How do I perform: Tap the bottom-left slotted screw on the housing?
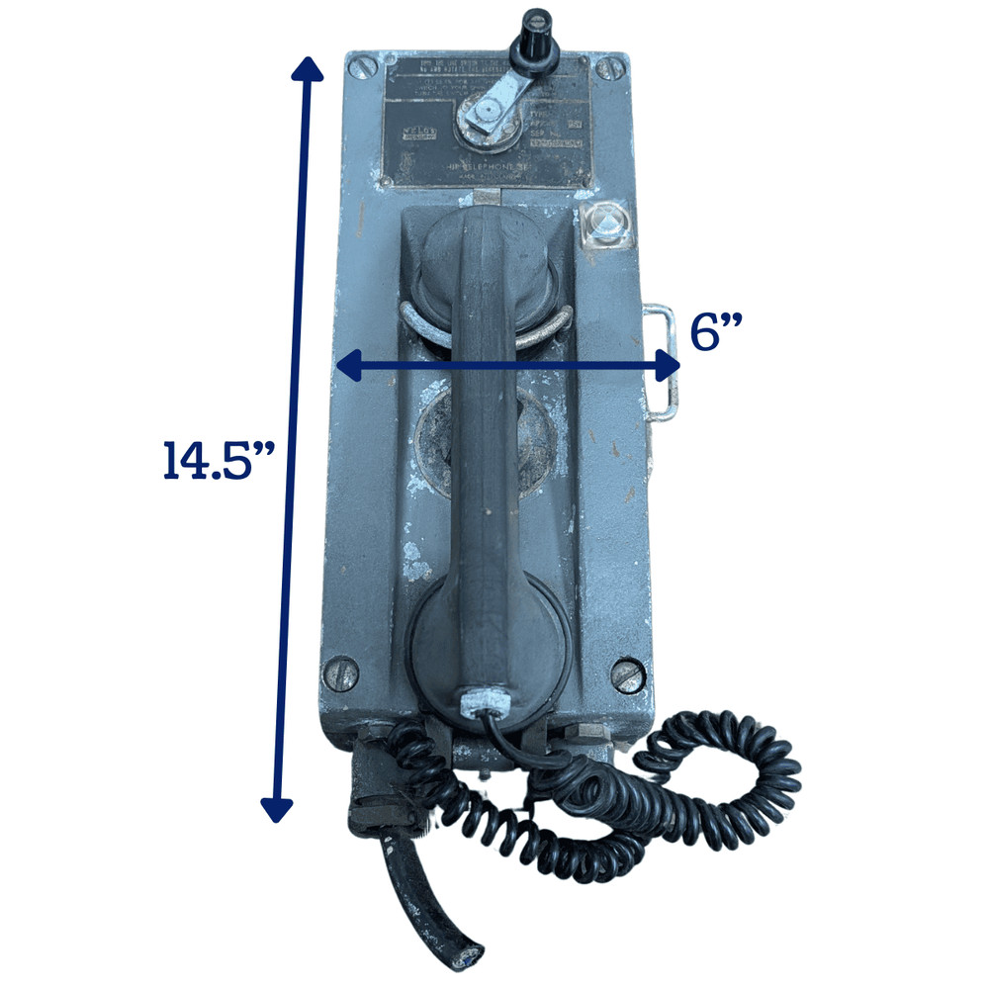tap(338, 671)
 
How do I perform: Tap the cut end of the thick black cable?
tap(465, 954)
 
